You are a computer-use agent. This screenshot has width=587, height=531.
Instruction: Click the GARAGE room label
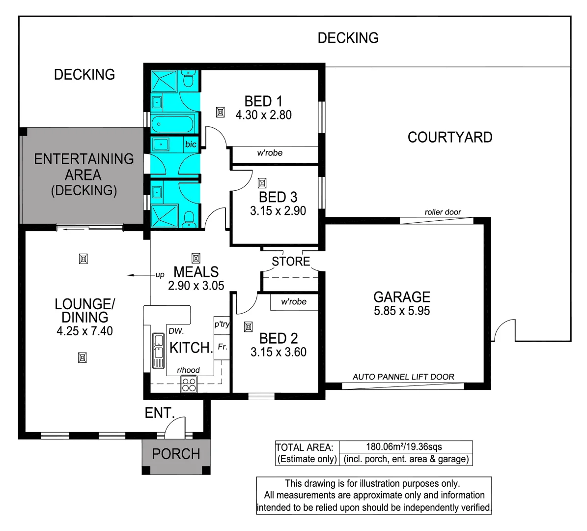(x=402, y=297)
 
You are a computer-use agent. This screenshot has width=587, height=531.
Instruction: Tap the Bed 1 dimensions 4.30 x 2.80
(x=263, y=115)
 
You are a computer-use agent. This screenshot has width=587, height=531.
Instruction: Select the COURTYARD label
(x=450, y=137)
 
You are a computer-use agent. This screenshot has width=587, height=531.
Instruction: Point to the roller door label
(x=443, y=212)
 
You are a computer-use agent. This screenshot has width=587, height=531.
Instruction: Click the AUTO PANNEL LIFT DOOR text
(x=403, y=377)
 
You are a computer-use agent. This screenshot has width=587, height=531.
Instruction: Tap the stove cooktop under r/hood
(x=189, y=383)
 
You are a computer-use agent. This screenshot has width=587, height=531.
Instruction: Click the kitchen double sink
(x=158, y=350)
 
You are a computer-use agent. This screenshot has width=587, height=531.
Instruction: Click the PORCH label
(x=176, y=454)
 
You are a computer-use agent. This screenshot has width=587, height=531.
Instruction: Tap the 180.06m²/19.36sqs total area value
(x=404, y=447)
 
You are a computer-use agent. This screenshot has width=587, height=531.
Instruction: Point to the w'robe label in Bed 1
(x=270, y=153)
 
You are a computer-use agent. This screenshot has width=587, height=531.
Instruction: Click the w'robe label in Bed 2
(x=294, y=302)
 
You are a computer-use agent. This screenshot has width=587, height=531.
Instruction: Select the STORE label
(x=291, y=262)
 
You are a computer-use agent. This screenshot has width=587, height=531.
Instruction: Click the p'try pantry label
(x=222, y=324)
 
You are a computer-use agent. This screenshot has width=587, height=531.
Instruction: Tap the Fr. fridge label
(x=223, y=347)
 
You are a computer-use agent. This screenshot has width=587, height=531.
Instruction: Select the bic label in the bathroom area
(x=191, y=145)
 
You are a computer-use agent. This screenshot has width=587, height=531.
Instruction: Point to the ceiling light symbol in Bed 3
(x=262, y=183)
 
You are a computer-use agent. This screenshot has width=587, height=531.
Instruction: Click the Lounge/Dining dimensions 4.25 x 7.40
(x=84, y=331)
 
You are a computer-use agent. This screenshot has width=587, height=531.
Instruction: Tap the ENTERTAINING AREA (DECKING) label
(x=84, y=175)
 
